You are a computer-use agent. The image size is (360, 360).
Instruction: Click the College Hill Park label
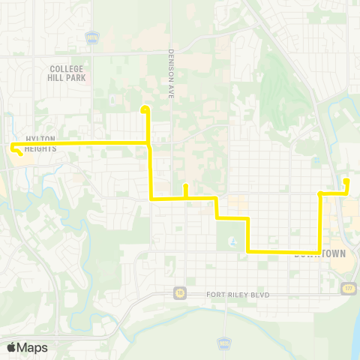[x=63, y=72]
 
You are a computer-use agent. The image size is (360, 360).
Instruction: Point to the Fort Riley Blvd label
[x=237, y=295]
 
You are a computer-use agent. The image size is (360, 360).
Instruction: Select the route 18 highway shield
[x=179, y=292]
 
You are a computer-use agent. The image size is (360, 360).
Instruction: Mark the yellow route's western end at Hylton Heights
[x=13, y=147]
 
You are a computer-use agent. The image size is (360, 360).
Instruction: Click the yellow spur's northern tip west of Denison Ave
[x=145, y=110]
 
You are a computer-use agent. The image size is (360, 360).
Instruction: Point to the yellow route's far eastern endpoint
[x=346, y=181]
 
